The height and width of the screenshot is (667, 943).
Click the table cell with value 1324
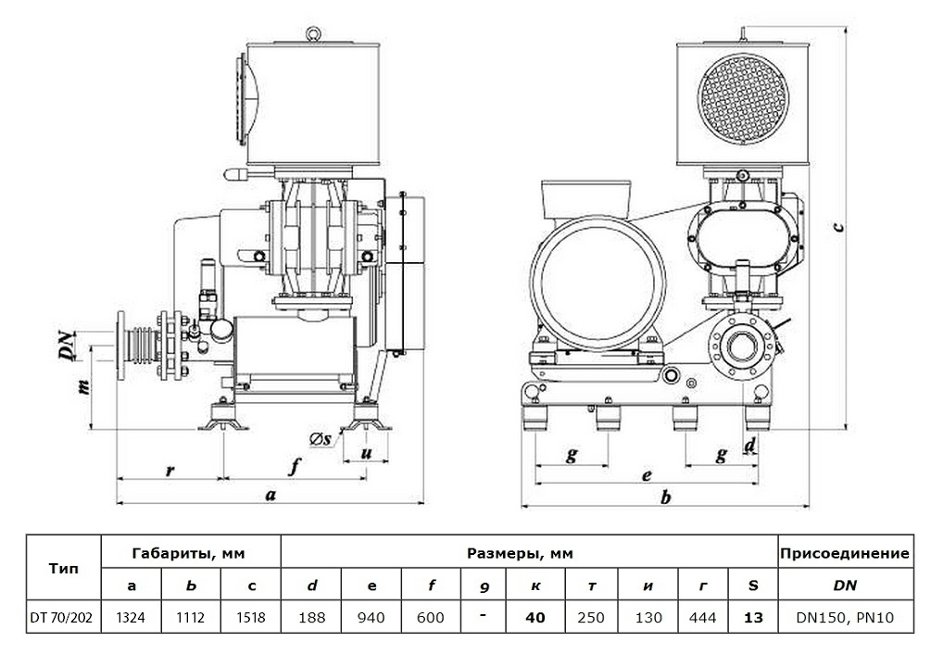pyautogui.click(x=131, y=617)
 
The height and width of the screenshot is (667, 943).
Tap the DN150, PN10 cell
pyautogui.click(x=845, y=617)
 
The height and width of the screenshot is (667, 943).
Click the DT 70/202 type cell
pyautogui.click(x=63, y=617)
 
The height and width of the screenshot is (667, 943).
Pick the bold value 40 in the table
pyautogui.click(x=534, y=617)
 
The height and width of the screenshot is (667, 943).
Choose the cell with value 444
pyautogui.click(x=703, y=617)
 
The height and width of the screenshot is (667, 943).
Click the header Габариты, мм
pyautogui.click(x=190, y=553)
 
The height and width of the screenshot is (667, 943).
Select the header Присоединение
pyautogui.click(x=845, y=553)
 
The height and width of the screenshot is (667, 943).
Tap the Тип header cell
pyautogui.click(x=63, y=569)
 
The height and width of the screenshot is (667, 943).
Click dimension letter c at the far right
pyautogui.click(x=837, y=226)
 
